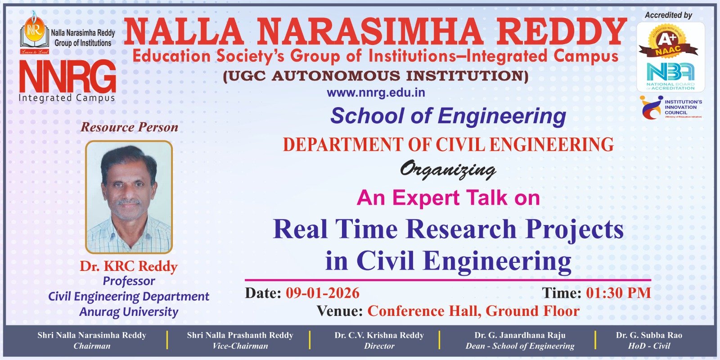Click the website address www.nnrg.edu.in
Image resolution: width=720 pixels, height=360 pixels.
click(x=376, y=93)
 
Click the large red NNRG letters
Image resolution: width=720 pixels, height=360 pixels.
click(x=67, y=76)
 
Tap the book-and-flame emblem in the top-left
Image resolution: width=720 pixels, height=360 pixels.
click(x=34, y=32)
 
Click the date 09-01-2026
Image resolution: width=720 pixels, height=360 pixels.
click(x=322, y=293)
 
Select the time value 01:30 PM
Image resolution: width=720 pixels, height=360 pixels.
click(x=618, y=293)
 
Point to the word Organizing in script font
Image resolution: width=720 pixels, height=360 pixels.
click(x=448, y=170)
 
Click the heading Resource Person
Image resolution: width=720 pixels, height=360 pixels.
click(x=129, y=127)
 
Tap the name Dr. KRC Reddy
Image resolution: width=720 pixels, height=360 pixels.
click(x=129, y=266)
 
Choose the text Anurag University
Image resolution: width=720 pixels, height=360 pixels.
click(x=129, y=312)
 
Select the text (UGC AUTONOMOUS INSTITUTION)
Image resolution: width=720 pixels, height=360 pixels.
click(x=376, y=76)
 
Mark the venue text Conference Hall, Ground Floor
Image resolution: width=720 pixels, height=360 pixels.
click(x=473, y=311)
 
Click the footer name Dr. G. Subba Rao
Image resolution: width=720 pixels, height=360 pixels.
click(x=649, y=335)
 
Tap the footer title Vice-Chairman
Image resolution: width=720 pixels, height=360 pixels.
click(x=240, y=346)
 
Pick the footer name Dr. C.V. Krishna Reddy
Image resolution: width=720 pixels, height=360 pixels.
click(x=379, y=335)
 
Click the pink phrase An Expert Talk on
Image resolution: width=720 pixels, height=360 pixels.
click(x=448, y=198)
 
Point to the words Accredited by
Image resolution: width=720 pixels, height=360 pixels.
click(x=668, y=15)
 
